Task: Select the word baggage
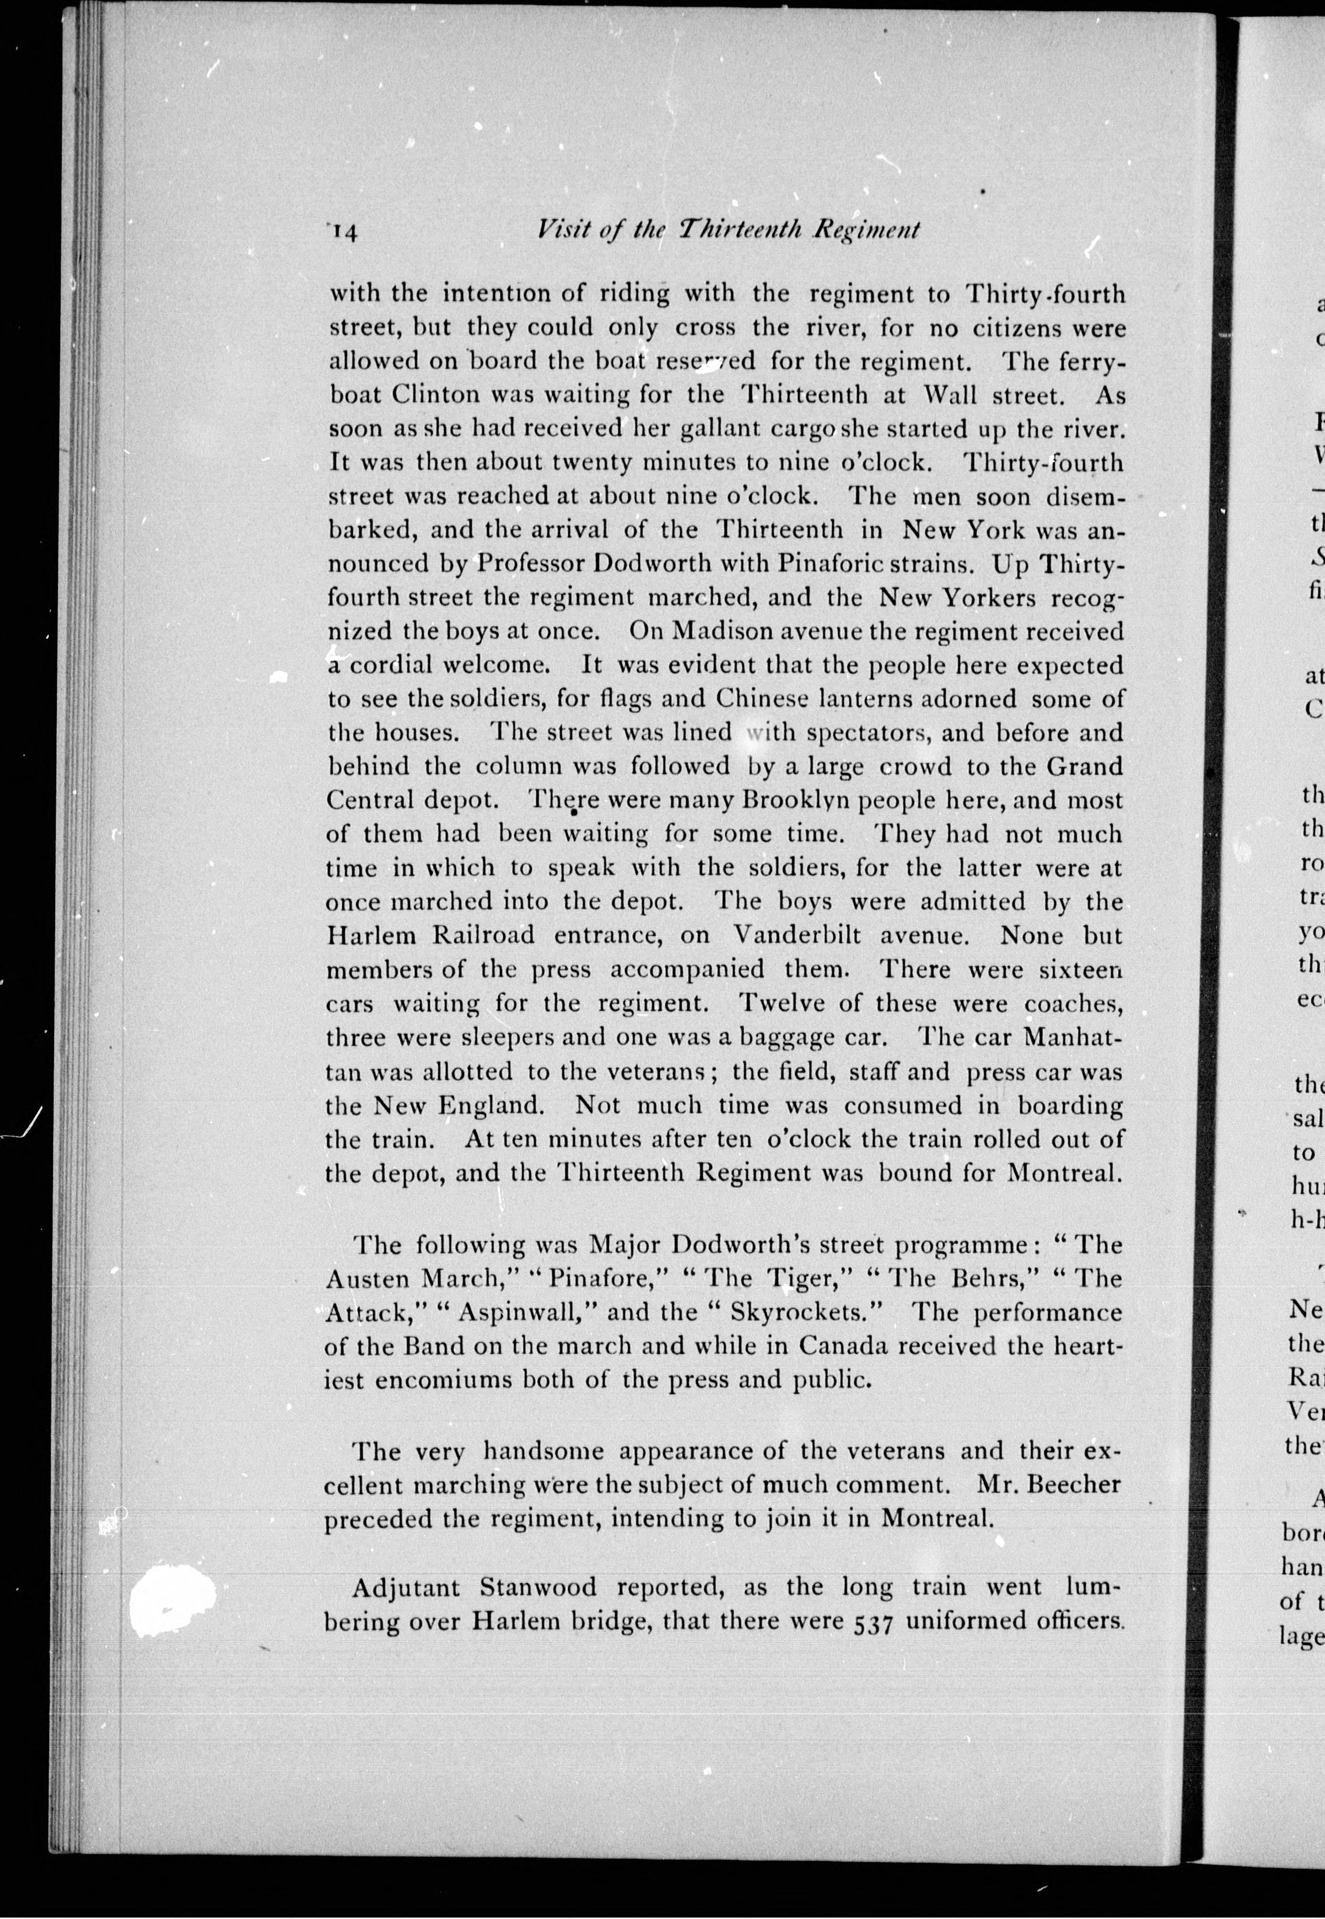(784, 1037)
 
